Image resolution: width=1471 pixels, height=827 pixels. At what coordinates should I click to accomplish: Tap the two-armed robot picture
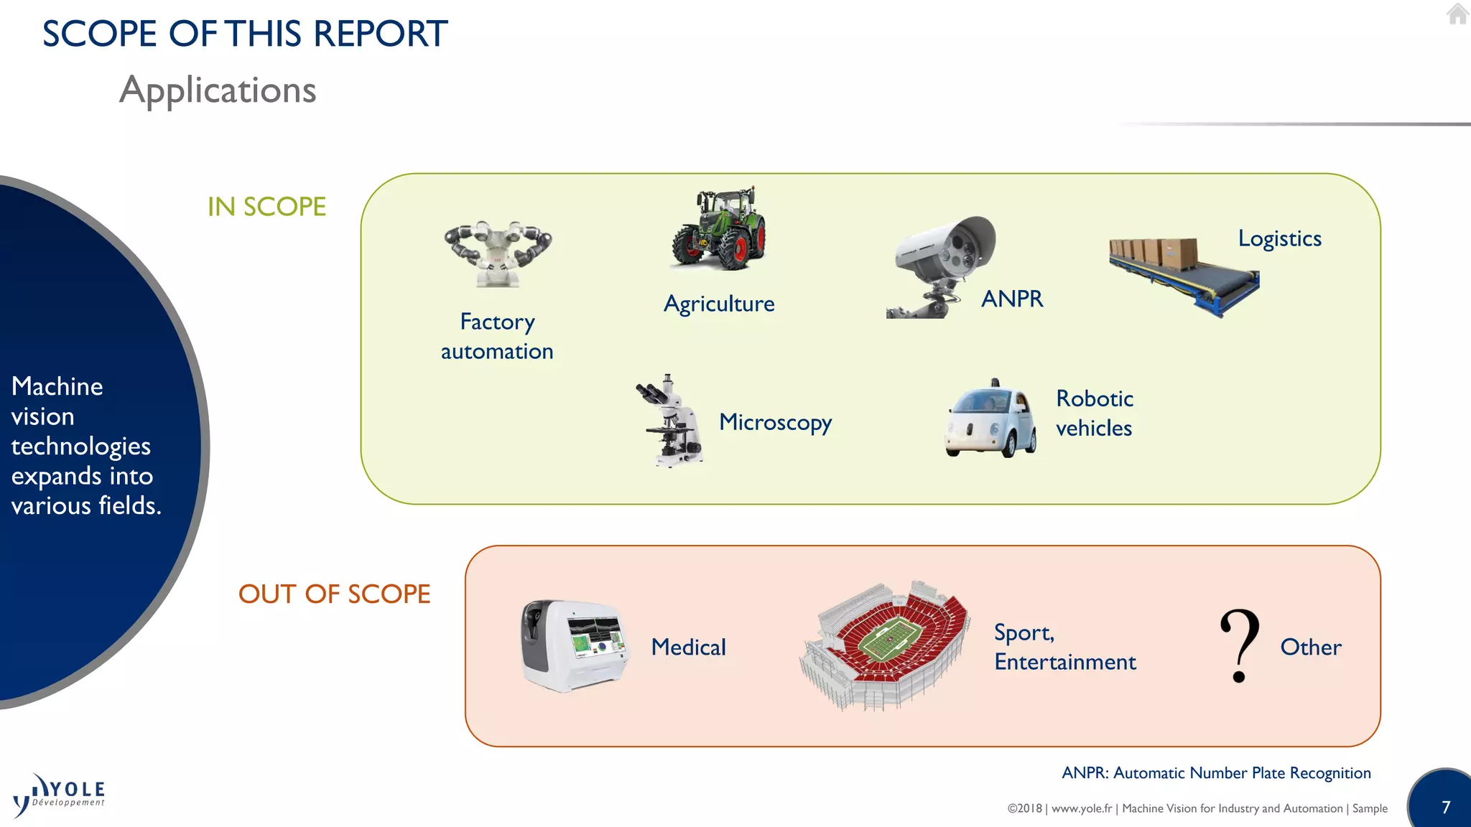point(497,253)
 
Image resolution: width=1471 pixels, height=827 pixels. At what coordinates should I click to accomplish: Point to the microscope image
point(671,421)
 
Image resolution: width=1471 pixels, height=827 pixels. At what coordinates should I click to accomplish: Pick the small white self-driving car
point(991,420)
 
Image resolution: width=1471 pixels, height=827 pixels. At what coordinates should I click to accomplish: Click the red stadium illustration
point(885,645)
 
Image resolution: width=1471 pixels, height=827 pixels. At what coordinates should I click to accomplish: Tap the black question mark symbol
point(1240,645)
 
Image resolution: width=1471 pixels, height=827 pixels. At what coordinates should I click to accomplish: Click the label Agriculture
point(719,304)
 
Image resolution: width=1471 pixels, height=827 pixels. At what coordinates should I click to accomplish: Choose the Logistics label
point(1279,238)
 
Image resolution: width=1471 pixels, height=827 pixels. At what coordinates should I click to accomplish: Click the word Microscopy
point(775,422)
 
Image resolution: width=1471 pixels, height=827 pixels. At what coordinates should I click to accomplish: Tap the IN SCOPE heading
point(266,207)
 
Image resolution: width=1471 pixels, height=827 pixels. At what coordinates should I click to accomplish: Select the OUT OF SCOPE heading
point(334,594)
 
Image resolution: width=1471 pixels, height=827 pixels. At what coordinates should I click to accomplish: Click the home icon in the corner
point(1457,14)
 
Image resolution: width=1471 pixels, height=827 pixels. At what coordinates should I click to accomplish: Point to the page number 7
point(1446,807)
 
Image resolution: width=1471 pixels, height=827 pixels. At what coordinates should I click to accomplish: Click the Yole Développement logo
point(59,795)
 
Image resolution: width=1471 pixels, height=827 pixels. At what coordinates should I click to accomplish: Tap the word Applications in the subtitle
point(218,90)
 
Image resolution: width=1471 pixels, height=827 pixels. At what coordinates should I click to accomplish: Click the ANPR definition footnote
point(1216,773)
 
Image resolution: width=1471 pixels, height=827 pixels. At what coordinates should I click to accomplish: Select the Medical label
point(688,648)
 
